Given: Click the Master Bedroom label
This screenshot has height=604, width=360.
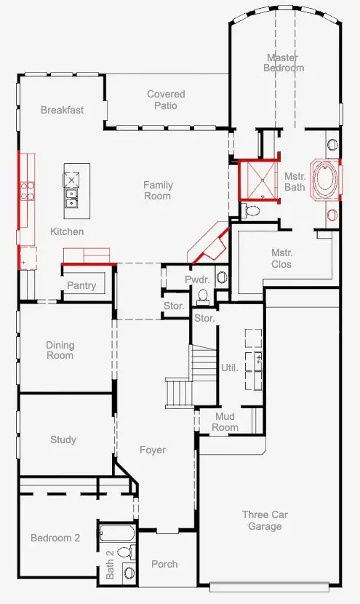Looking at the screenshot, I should click(x=284, y=63).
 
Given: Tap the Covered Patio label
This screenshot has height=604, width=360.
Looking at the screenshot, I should click(x=166, y=100).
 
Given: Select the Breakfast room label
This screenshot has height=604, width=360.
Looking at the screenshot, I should click(x=62, y=110).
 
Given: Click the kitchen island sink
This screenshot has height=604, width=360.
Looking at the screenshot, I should click(x=73, y=195).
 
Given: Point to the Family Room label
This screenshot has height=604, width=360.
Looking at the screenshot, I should click(x=157, y=190).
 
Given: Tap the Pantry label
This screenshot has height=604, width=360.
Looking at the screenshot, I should click(x=81, y=285).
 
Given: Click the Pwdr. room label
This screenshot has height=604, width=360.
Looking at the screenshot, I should click(x=197, y=279).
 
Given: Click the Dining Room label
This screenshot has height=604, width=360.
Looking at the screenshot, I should click(x=60, y=350).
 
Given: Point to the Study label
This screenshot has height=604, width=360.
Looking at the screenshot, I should click(x=63, y=440).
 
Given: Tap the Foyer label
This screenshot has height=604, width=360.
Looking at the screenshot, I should click(x=153, y=450).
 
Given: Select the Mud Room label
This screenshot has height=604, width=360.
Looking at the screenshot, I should click(x=225, y=421).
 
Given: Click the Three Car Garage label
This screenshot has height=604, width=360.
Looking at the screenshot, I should click(x=265, y=520).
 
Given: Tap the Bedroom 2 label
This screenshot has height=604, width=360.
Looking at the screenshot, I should click(x=55, y=538).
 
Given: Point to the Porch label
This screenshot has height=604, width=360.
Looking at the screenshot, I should click(x=164, y=564).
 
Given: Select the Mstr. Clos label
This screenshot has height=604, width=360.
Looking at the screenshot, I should click(x=281, y=258).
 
